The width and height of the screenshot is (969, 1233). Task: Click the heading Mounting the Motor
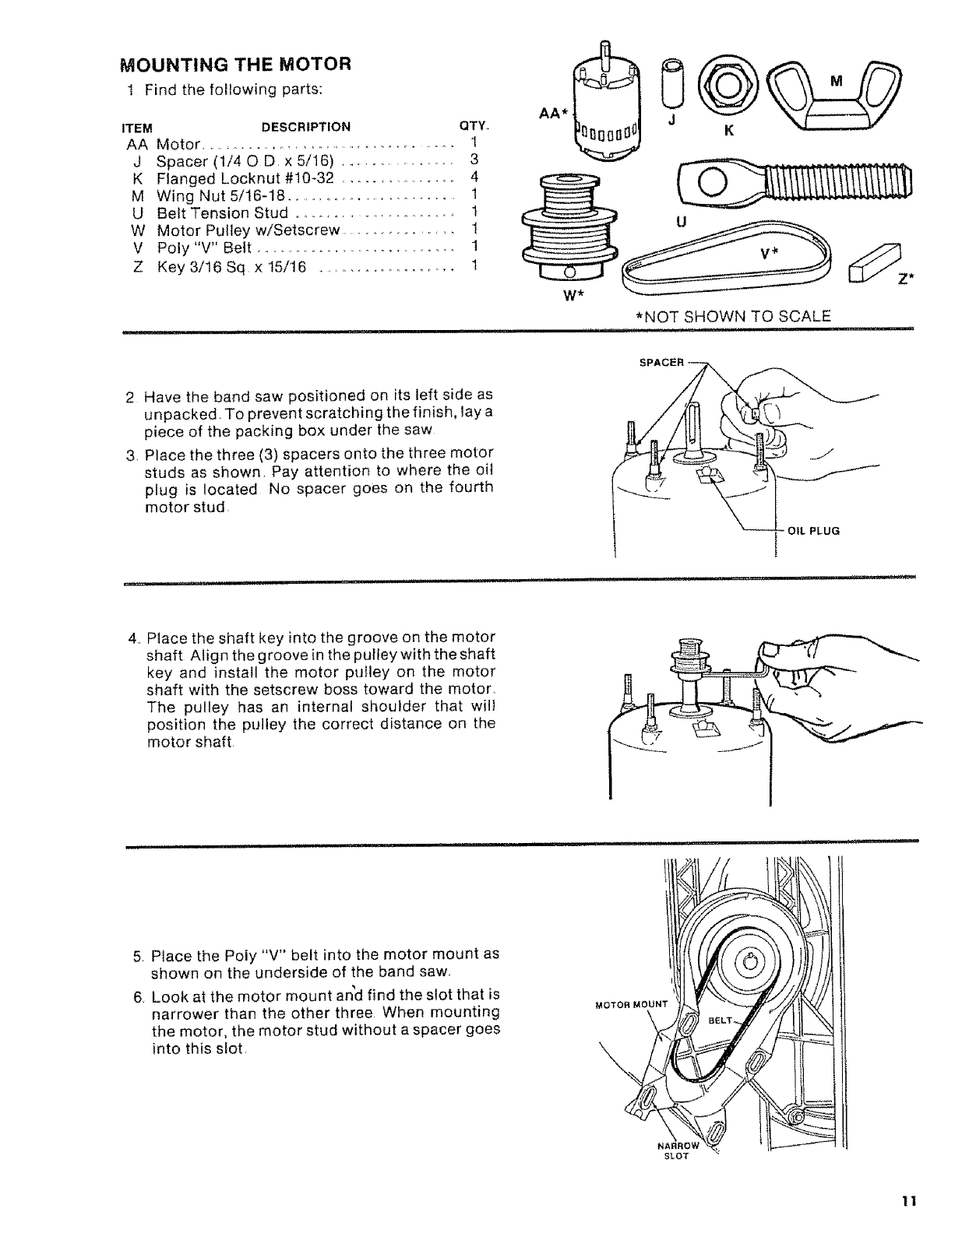click(235, 63)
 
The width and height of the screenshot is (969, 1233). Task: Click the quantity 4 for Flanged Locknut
click(474, 177)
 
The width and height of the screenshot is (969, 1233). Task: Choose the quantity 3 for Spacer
click(474, 160)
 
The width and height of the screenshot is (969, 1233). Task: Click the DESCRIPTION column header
click(305, 127)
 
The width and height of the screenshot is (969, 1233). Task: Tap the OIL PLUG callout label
click(813, 532)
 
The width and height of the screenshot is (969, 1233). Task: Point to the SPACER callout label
click(661, 362)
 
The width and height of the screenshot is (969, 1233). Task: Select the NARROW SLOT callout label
click(679, 1150)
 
